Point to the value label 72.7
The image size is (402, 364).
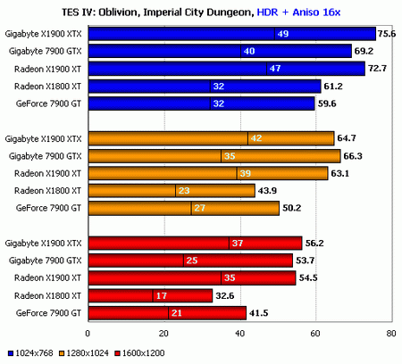[378, 69]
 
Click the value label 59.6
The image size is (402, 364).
[328, 103]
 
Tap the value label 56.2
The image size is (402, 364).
[315, 243]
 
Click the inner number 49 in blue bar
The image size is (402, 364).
[281, 34]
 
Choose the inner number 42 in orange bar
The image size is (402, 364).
[255, 138]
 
